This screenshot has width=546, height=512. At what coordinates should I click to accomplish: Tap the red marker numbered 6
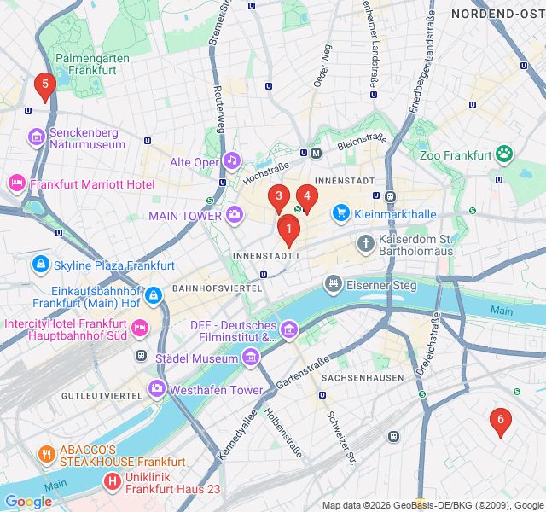tap(500, 419)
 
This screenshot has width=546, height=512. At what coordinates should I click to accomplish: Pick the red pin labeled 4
tap(307, 196)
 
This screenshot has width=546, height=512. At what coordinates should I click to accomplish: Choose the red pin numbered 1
tap(289, 228)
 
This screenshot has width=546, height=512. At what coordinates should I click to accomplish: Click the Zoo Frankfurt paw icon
tap(505, 154)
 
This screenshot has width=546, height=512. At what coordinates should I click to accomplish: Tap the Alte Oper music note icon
tap(232, 161)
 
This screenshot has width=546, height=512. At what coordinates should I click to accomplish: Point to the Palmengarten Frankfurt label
tap(86, 65)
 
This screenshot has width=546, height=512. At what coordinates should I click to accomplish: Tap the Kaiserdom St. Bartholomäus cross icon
tap(365, 243)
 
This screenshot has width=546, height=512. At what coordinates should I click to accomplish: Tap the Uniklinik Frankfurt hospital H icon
tap(112, 482)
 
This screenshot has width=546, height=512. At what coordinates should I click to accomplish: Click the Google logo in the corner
tap(28, 502)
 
